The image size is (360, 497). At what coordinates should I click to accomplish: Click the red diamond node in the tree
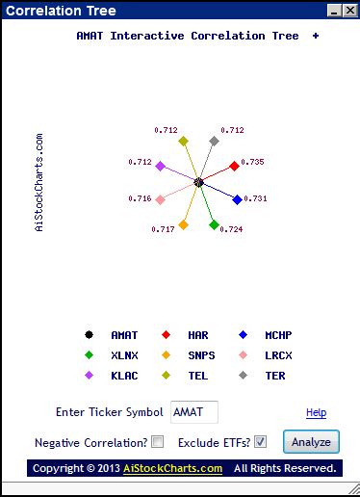point(234,166)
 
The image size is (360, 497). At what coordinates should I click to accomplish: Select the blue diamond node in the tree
point(238,199)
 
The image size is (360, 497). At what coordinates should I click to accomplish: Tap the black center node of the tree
point(198,182)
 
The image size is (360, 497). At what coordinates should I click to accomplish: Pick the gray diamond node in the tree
point(215,142)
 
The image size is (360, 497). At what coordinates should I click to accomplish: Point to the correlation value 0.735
point(252,162)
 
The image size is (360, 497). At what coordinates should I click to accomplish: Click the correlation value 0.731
point(255,198)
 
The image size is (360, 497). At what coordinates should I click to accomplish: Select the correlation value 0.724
point(231,230)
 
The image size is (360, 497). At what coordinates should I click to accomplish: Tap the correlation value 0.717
point(163,229)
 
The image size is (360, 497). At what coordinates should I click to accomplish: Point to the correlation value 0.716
point(140,198)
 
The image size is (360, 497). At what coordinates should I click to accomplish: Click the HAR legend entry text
point(199,335)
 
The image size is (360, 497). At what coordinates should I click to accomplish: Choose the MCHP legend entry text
point(278,335)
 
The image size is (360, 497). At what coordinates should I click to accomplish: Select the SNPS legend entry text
point(202,355)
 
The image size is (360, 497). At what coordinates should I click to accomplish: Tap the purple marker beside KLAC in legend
point(89,376)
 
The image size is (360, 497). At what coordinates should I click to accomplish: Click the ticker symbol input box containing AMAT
point(193,412)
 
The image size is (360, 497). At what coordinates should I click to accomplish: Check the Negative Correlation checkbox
point(158,442)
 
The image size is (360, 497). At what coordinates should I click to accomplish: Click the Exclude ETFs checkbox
point(260,442)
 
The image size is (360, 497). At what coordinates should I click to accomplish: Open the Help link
point(316,413)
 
